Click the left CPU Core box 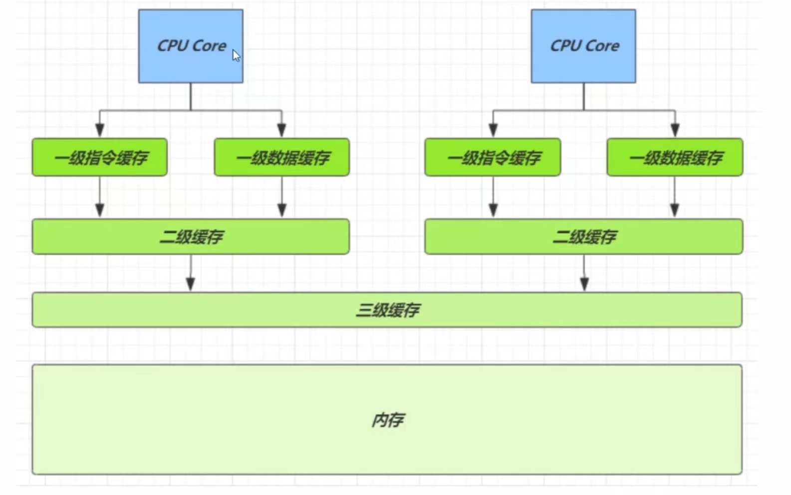[x=191, y=46]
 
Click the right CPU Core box [x=583, y=46]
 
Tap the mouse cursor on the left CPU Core [x=236, y=55]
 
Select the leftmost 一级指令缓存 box [x=100, y=157]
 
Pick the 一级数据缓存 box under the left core [x=282, y=157]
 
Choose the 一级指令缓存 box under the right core [x=493, y=157]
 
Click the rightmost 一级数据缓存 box [x=675, y=157]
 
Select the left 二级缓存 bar [x=191, y=236]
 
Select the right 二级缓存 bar [x=583, y=236]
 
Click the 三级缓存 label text [x=387, y=310]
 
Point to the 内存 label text [x=387, y=420]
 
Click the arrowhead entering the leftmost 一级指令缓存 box [x=100, y=131]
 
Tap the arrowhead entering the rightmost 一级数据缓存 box [x=675, y=131]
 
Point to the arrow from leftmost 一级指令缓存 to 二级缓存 [x=100, y=197]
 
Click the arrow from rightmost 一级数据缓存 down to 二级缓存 [x=675, y=197]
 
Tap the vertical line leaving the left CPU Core [x=191, y=96]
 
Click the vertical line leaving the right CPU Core [x=583, y=96]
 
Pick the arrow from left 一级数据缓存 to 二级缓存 [x=282, y=197]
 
